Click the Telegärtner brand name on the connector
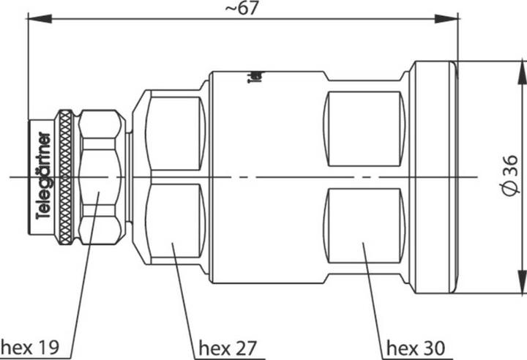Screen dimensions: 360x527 click(x=43, y=176)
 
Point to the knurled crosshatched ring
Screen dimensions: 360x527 click(x=65, y=176)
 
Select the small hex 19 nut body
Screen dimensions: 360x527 click(x=100, y=176)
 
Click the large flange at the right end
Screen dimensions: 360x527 click(x=433, y=176)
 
